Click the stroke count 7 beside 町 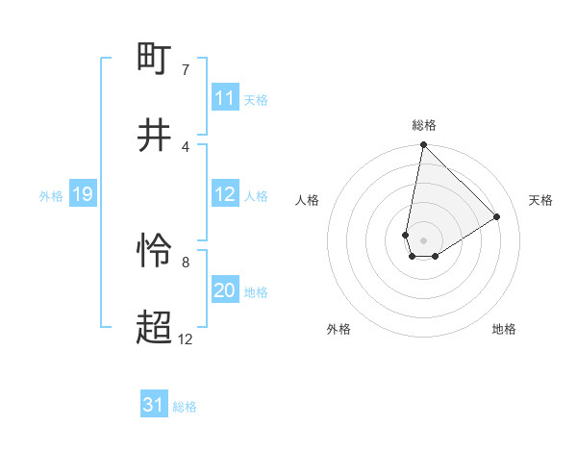pyautogui.click(x=186, y=70)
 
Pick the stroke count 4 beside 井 pyautogui.click(x=186, y=146)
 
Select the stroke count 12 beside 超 pyautogui.click(x=186, y=339)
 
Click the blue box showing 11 pyautogui.click(x=225, y=98)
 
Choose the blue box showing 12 pyautogui.click(x=225, y=194)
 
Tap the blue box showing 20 pyautogui.click(x=225, y=290)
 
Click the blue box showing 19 pyautogui.click(x=82, y=194)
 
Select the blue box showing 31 pyautogui.click(x=154, y=405)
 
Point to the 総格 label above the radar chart pyautogui.click(x=424, y=125)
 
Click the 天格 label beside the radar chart pyautogui.click(x=540, y=200)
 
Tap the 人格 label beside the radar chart pyautogui.click(x=308, y=200)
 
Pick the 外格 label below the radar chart pyautogui.click(x=339, y=329)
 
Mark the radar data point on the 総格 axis pyautogui.click(x=423, y=145)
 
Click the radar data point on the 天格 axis pyautogui.click(x=497, y=217)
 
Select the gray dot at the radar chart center pyautogui.click(x=423, y=240)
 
